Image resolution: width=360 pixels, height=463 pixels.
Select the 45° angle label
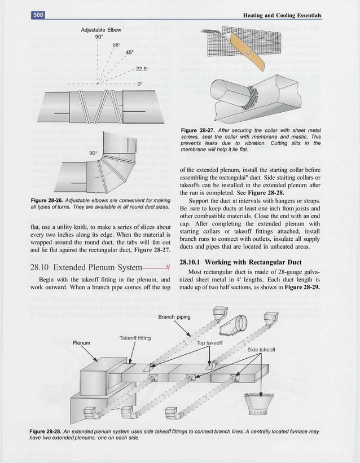129,53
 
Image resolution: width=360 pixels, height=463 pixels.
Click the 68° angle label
116,44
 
